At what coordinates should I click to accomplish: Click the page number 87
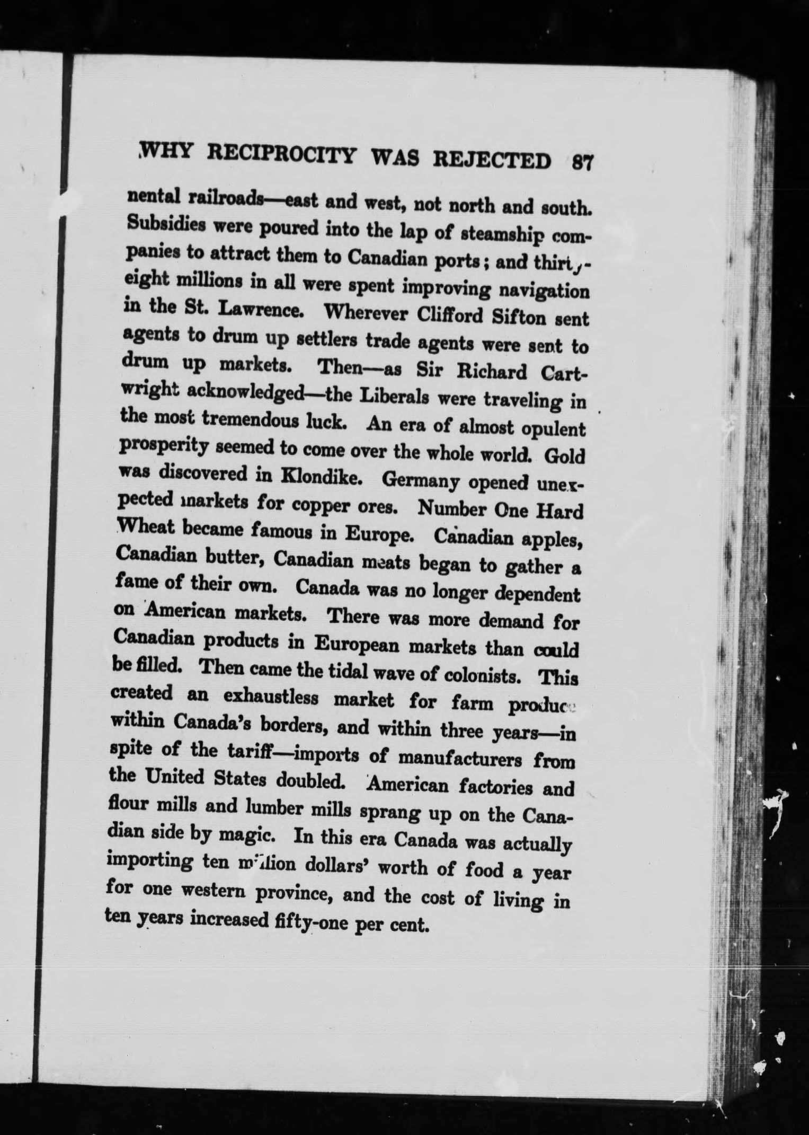(x=581, y=161)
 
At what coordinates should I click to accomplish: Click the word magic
(x=250, y=837)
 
